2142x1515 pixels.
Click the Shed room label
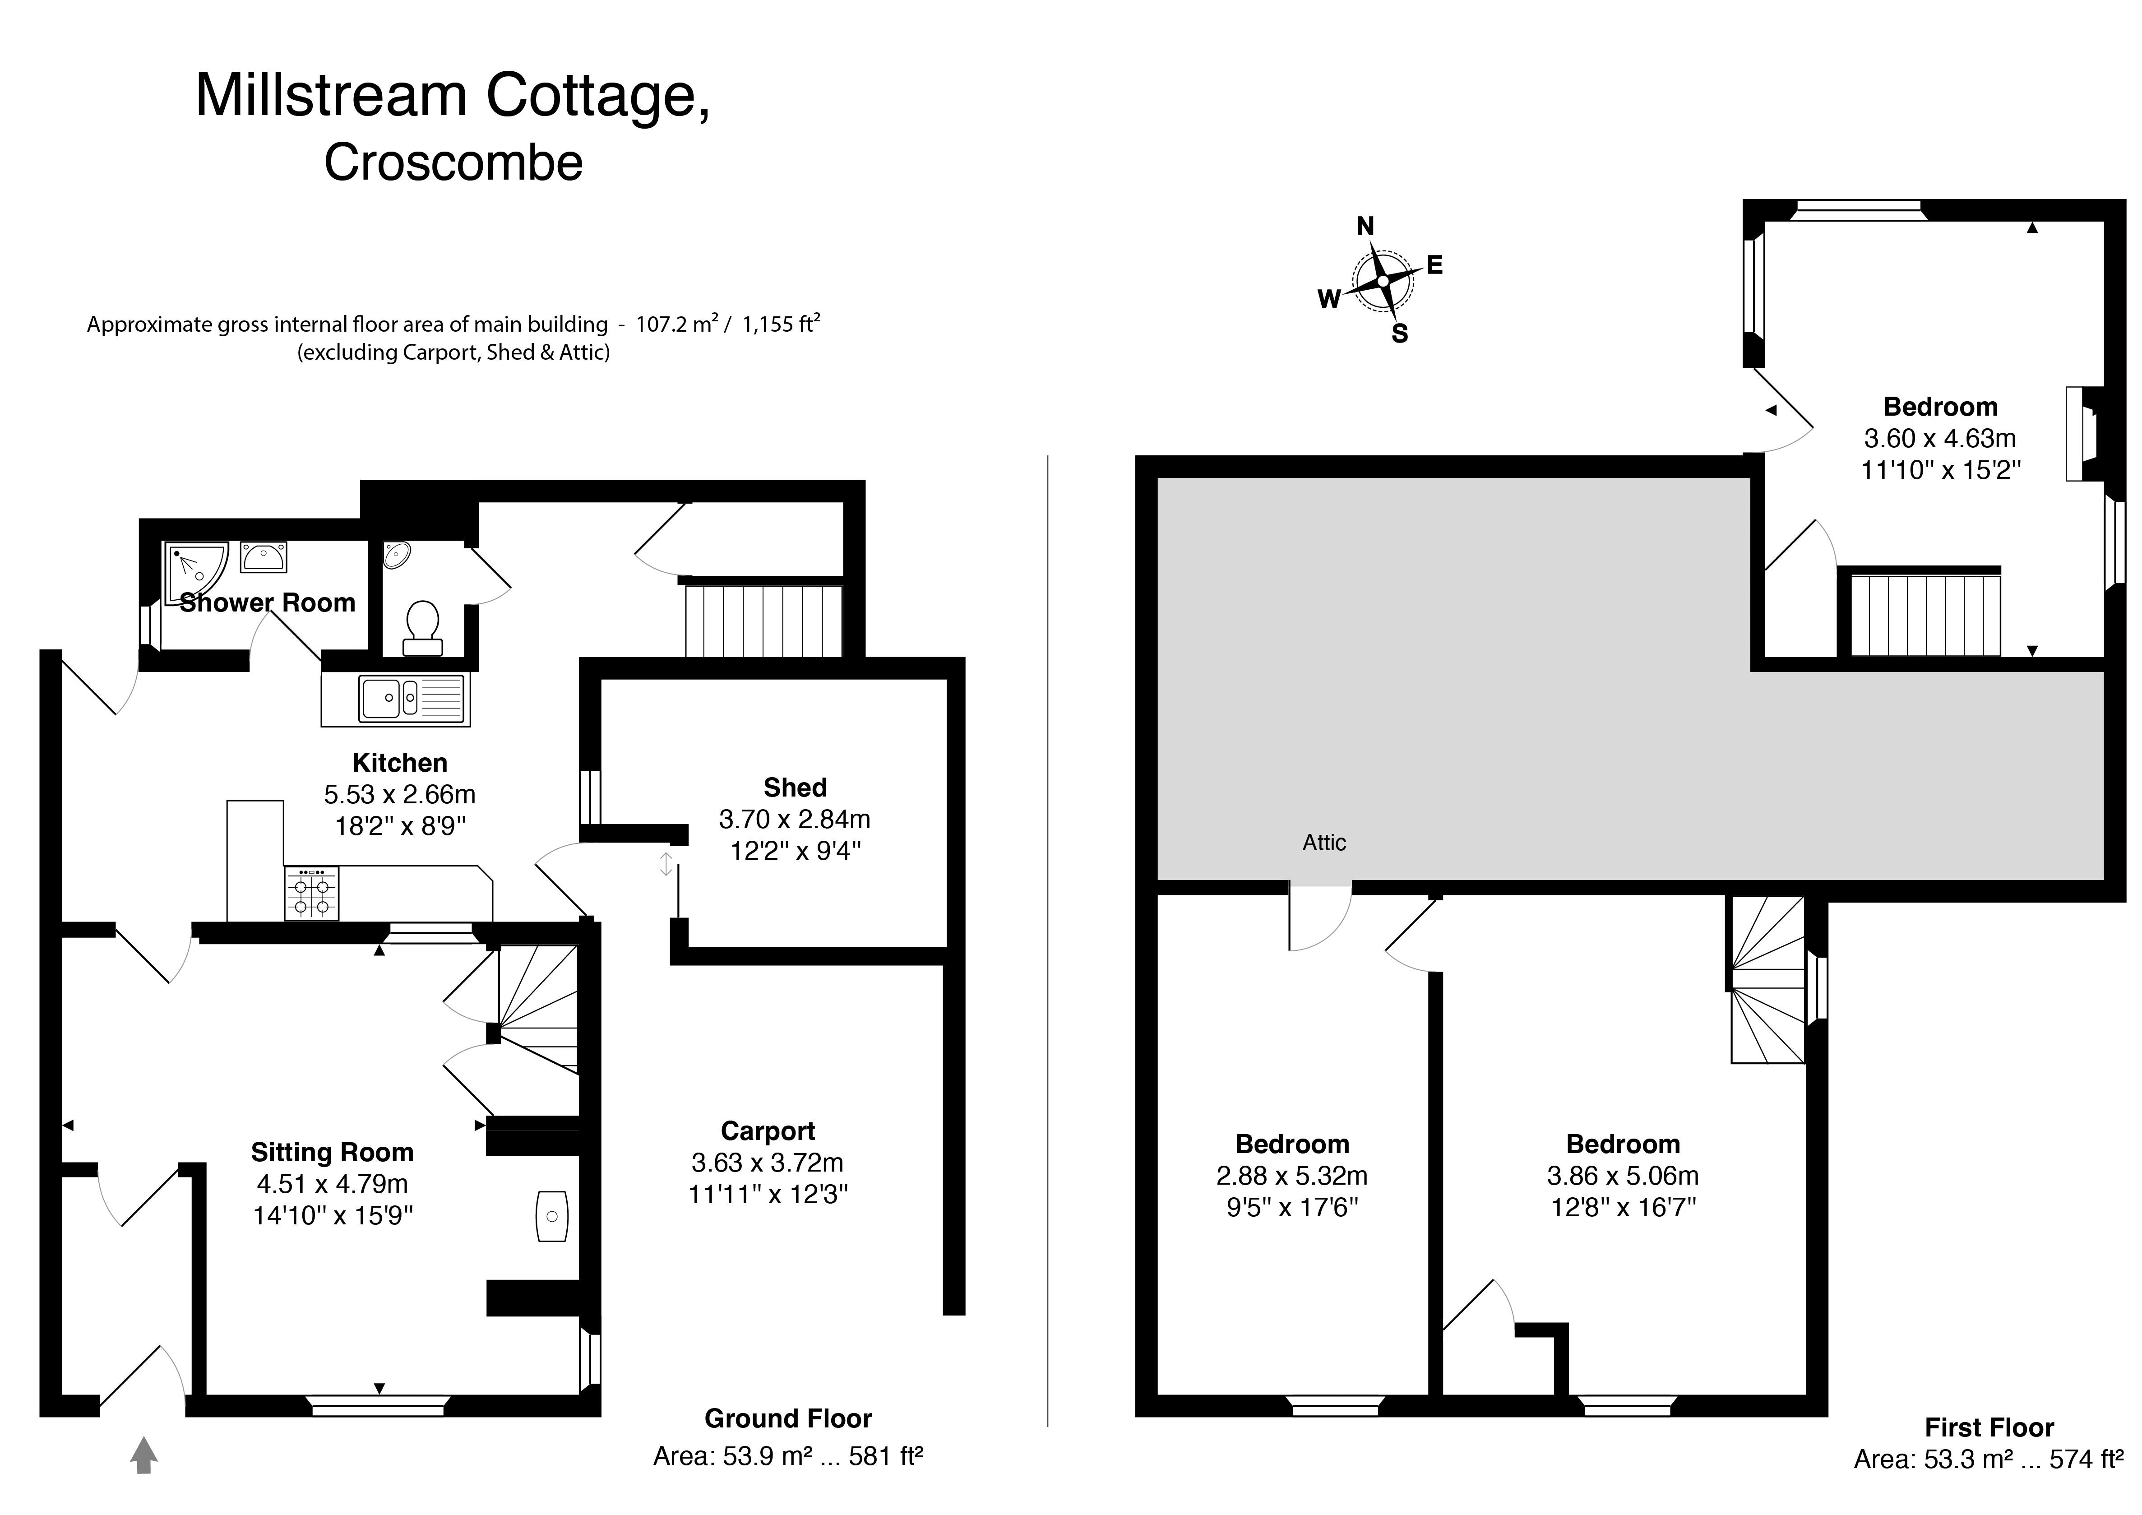795,788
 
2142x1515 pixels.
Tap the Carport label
768,1130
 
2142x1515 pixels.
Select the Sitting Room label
332,1152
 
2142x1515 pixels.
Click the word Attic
1324,843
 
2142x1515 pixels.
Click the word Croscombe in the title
453,162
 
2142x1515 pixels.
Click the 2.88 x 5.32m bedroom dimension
1292,1176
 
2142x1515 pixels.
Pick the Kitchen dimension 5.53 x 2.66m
399,794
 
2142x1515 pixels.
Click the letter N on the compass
1365,226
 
